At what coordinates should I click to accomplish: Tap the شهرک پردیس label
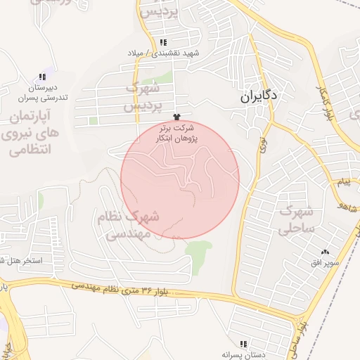click(143, 98)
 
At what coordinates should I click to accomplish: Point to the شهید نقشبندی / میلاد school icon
click(164, 42)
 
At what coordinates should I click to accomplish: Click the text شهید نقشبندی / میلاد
click(164, 53)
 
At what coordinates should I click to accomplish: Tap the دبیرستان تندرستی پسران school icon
click(42, 77)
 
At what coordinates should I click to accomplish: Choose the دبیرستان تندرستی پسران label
click(42, 92)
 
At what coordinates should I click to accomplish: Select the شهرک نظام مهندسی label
click(131, 225)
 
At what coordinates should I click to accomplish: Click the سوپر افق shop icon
click(325, 252)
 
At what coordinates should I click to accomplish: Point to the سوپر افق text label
click(326, 263)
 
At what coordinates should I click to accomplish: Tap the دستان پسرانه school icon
click(243, 344)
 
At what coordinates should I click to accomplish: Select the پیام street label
click(343, 183)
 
